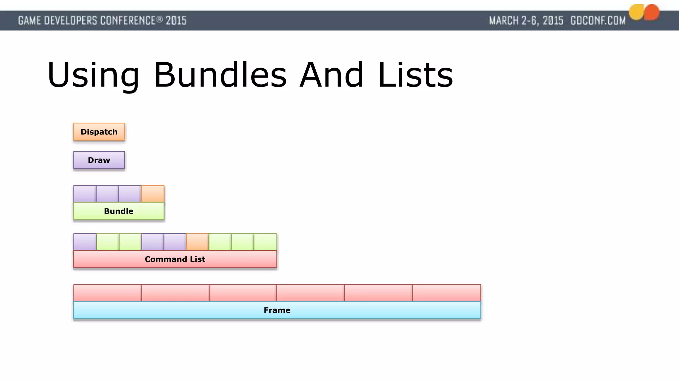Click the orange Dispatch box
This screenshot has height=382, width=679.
coord(99,132)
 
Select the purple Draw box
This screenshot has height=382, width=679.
coord(99,160)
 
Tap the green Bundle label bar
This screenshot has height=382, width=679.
coord(119,211)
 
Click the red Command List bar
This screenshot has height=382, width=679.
coord(175,259)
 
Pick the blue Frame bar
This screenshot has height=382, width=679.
coord(277,310)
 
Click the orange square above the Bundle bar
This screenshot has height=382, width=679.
coord(153,194)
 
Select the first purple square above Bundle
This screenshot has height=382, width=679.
coord(85,194)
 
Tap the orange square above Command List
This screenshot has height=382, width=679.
coord(198,242)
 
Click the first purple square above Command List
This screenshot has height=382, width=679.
coord(85,242)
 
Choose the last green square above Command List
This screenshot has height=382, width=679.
coord(265,242)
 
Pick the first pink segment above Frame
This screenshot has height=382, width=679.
coord(107,293)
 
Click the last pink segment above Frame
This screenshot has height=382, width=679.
coord(447,293)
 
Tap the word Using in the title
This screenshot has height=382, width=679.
coord(93,76)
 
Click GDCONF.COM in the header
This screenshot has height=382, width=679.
coord(598,21)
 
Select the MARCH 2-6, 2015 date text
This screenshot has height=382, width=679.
coord(526,21)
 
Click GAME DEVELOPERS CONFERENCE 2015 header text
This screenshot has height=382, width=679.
coord(102,21)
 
